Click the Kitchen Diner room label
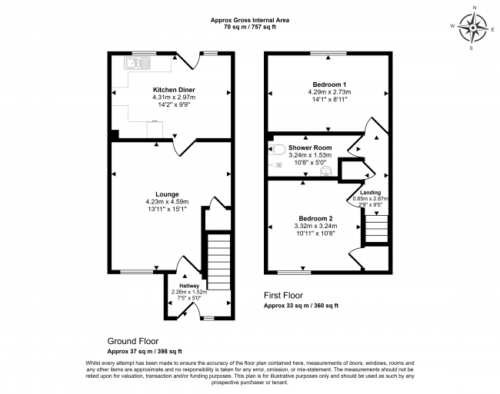click(174, 90)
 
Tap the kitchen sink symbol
click(137, 63)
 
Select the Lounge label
click(167, 194)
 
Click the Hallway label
click(189, 286)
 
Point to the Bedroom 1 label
click(329, 84)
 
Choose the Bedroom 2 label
click(315, 219)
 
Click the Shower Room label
click(310, 147)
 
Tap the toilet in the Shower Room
click(276, 149)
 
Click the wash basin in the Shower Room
click(326, 172)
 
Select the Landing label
click(370, 193)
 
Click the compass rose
click(473, 28)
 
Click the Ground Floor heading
click(133, 341)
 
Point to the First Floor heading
click(283, 296)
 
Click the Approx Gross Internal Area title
click(250, 20)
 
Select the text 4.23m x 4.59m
click(167, 202)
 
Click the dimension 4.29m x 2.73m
click(329, 92)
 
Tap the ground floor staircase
click(218, 262)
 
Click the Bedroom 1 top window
click(328, 53)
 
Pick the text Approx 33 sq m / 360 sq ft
click(301, 306)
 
